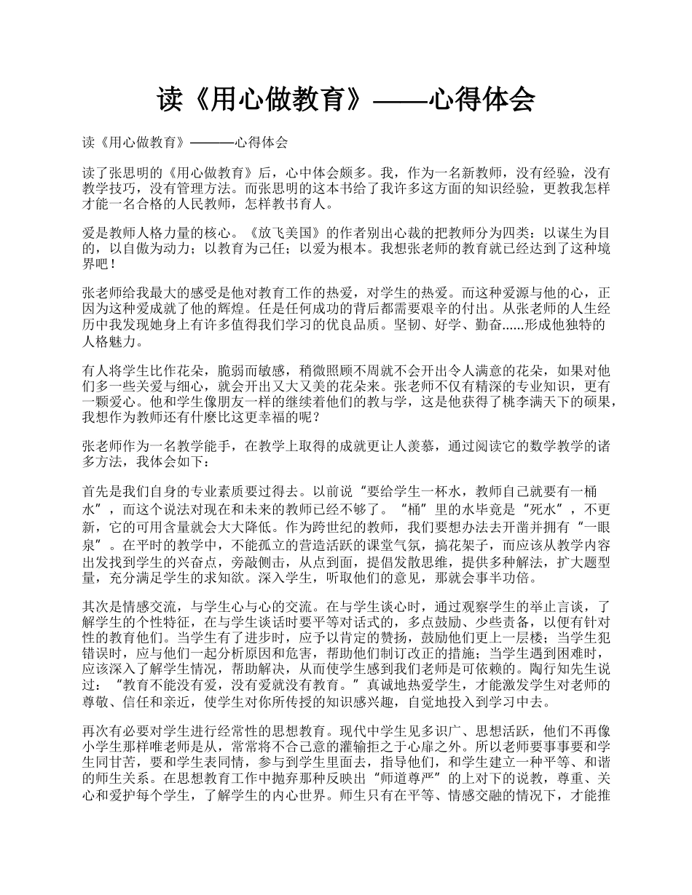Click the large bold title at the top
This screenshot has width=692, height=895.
tap(346, 99)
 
